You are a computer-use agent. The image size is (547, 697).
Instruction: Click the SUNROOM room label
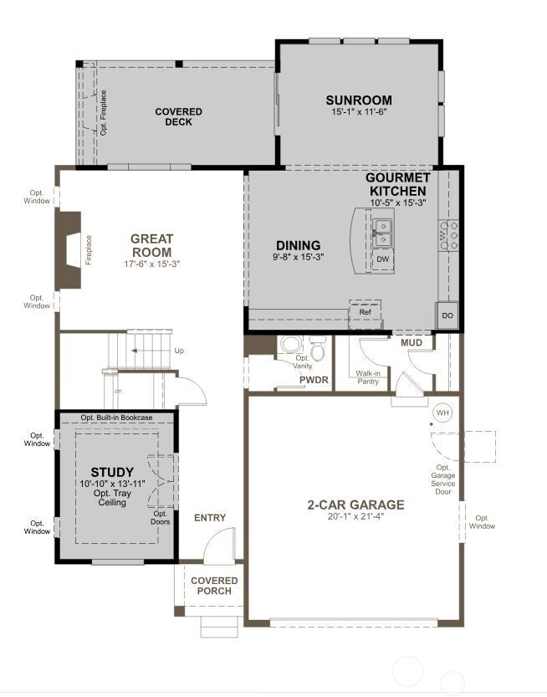click(359, 100)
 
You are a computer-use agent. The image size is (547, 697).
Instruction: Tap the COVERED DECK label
click(179, 116)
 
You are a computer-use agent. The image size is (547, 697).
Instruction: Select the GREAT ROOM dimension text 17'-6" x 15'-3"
click(151, 264)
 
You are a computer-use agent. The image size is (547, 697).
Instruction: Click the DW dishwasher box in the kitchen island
click(382, 259)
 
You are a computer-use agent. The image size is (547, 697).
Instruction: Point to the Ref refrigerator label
click(365, 312)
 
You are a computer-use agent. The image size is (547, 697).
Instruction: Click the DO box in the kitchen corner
click(447, 315)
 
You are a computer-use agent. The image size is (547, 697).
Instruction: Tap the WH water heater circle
click(442, 413)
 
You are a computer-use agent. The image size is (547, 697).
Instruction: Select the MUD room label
click(412, 343)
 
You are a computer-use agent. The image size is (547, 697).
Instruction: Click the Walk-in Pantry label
click(368, 378)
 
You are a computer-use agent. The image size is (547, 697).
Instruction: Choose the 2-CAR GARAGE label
click(355, 505)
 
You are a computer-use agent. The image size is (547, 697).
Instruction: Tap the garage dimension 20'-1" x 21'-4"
click(355, 516)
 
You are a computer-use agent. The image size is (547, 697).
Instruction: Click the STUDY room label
click(112, 472)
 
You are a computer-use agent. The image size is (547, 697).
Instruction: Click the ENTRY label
click(210, 518)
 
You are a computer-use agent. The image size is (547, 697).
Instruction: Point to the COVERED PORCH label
click(214, 586)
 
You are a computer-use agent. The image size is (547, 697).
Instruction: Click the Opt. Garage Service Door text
click(442, 479)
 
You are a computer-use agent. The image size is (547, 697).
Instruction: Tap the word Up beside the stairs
click(179, 351)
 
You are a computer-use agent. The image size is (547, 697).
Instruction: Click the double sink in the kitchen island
click(383, 233)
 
